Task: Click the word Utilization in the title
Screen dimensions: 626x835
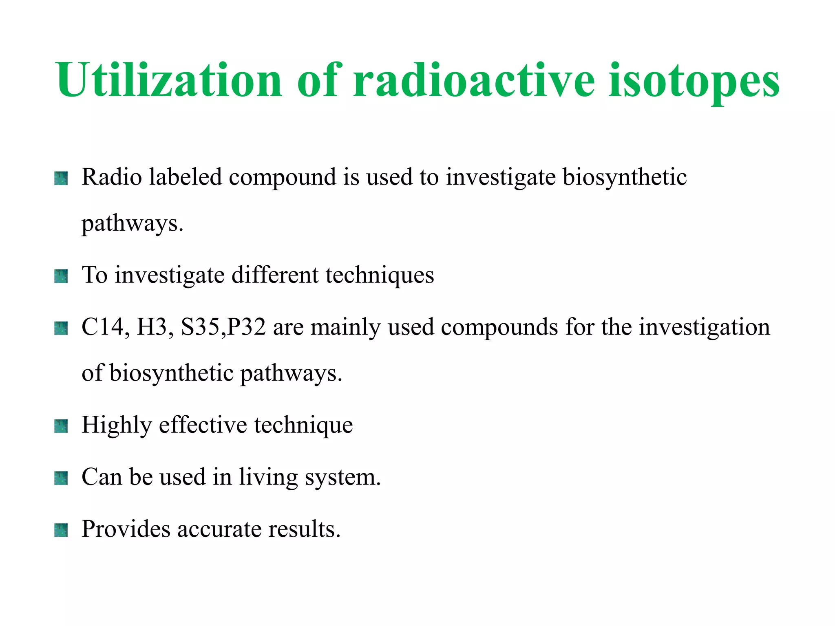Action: point(169,80)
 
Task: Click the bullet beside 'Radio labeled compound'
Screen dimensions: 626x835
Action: point(61,179)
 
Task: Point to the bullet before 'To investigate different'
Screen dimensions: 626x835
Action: point(61,276)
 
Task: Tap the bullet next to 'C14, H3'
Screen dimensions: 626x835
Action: point(61,328)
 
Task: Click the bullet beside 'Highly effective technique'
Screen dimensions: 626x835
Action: point(61,426)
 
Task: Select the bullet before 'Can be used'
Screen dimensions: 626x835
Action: point(61,478)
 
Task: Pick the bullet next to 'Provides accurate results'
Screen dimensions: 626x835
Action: point(61,530)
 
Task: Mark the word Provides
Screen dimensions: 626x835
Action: point(126,529)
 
